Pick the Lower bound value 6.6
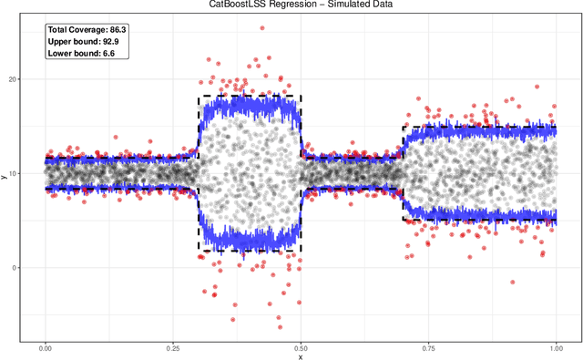[x=112, y=54]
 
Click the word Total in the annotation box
[x=58, y=30]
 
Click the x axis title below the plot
[x=300, y=357]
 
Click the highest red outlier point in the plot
[x=262, y=27]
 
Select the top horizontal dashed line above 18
[x=249, y=96]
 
